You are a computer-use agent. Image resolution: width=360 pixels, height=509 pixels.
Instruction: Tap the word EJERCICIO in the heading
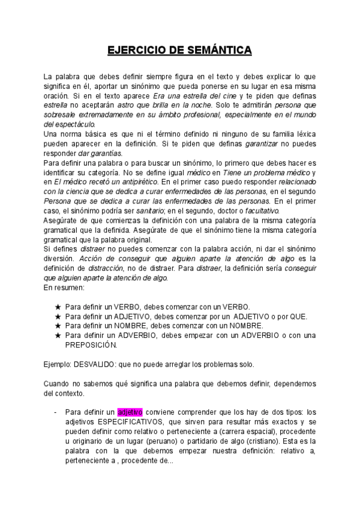(133, 51)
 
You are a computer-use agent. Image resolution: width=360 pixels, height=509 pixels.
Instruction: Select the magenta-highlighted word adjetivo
(130, 412)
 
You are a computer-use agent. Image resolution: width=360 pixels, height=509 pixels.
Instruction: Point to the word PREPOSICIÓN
(92, 345)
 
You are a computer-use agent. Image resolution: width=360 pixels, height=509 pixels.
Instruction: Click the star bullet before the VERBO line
(58, 306)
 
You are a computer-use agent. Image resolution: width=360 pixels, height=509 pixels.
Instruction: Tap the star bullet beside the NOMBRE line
(58, 325)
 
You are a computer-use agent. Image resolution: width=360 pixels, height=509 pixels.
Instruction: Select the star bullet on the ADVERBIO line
(58, 335)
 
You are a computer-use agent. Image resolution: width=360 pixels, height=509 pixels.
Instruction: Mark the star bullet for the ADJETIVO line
(58, 316)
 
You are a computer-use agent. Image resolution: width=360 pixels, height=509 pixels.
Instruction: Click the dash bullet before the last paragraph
(55, 412)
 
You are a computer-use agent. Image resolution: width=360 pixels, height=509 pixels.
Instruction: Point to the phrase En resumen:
(65, 287)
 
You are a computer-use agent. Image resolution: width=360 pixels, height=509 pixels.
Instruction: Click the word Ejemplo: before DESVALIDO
(58, 364)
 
